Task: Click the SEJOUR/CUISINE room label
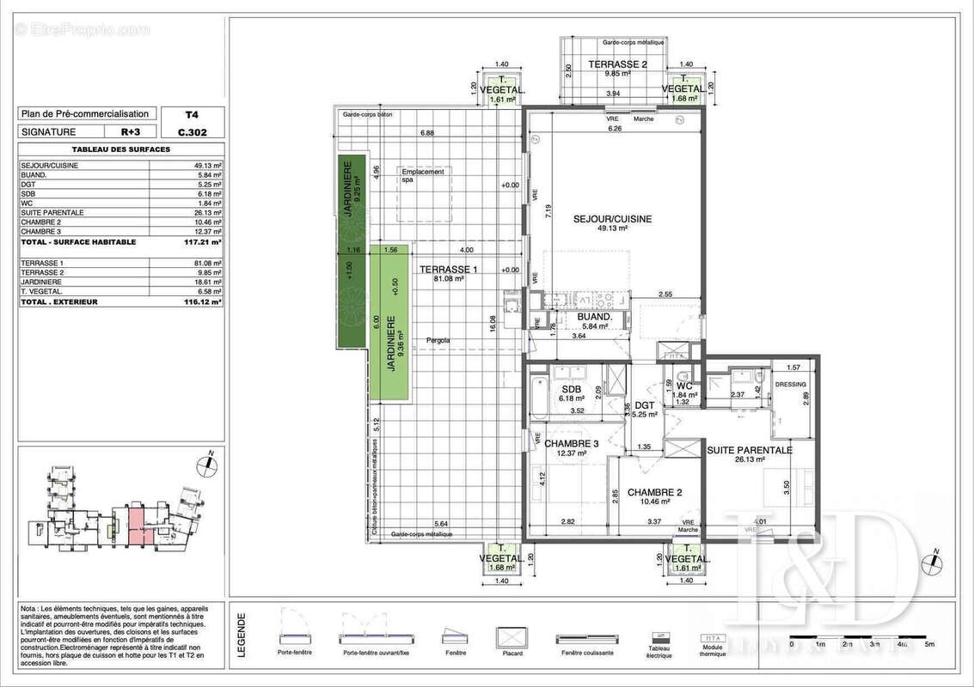[612, 219]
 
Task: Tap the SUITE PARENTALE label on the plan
[749, 450]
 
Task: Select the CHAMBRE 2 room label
[653, 492]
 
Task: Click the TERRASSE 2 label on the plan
[616, 65]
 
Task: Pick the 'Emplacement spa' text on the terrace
[422, 176]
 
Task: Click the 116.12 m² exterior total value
[205, 302]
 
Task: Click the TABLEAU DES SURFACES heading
[120, 149]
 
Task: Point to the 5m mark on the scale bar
[928, 643]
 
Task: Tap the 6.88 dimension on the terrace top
[427, 132]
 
